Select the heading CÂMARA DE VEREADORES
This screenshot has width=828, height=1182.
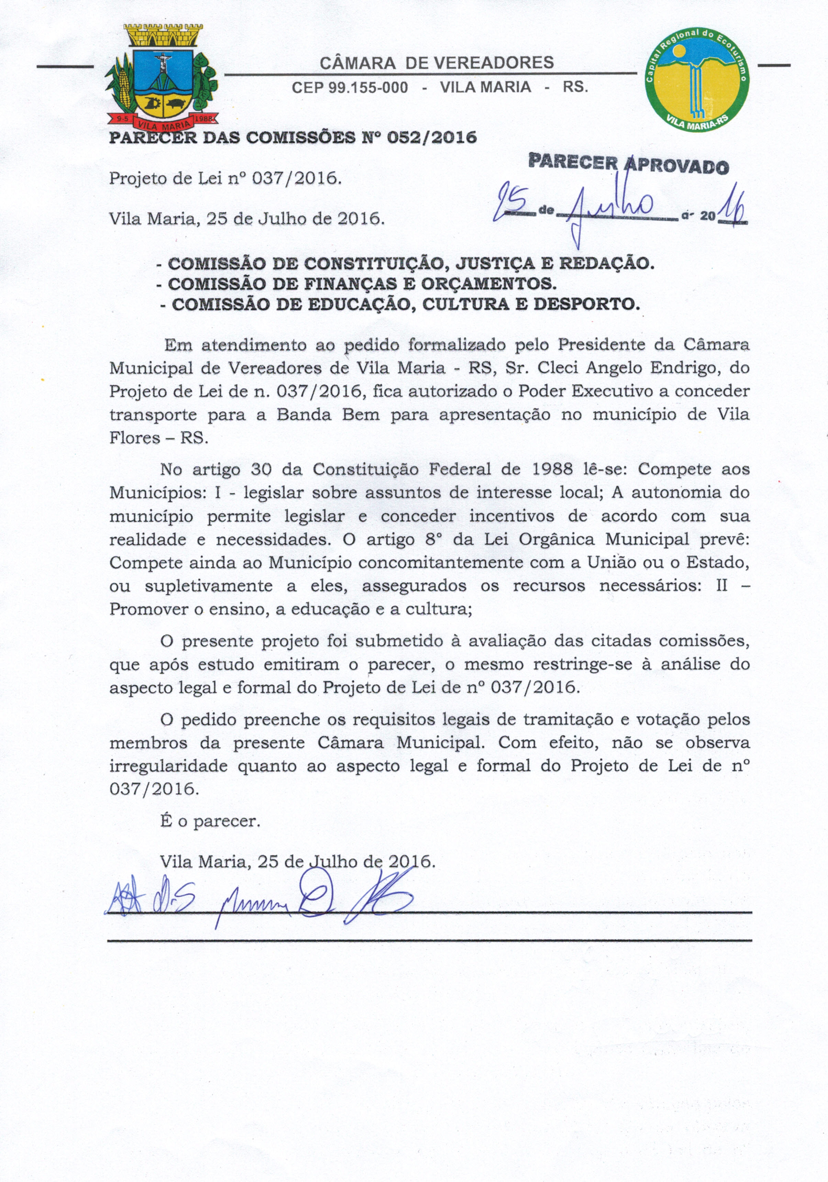click(x=437, y=63)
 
